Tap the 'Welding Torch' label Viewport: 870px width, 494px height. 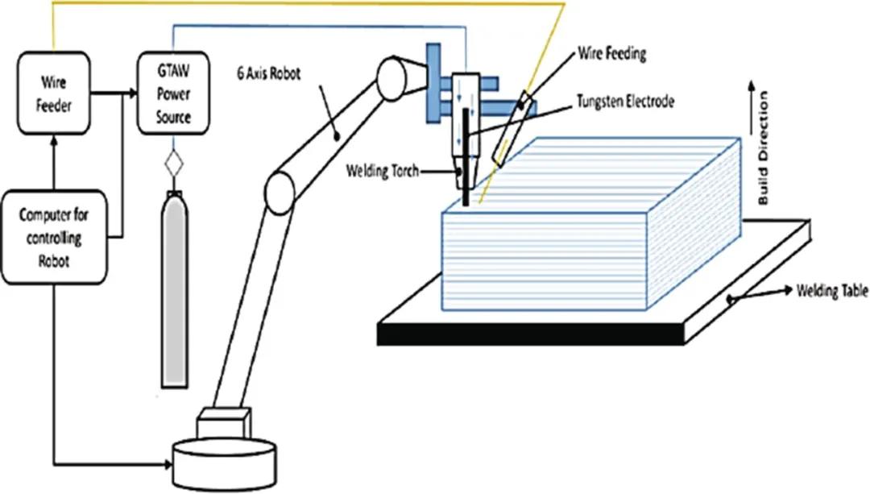coord(382,172)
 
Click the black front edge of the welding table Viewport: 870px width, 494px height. coord(531,334)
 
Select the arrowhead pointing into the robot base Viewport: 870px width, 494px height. coord(170,465)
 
